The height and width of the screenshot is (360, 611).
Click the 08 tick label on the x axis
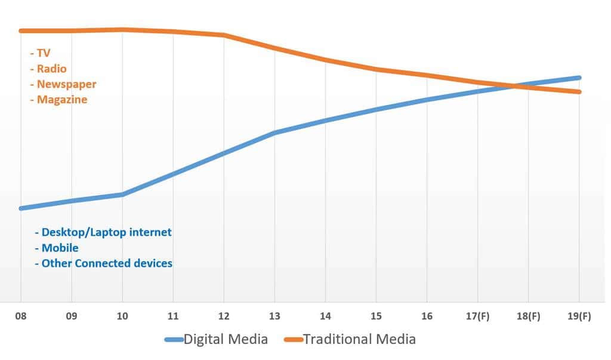tap(21, 317)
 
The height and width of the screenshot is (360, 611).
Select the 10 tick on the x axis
tap(122, 317)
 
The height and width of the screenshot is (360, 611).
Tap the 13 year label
tap(274, 317)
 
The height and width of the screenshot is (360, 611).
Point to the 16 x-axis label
tap(427, 317)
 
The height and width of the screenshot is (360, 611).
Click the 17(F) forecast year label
tap(477, 317)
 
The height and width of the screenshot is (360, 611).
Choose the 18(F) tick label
tap(528, 317)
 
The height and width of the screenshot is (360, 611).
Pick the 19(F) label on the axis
tap(579, 317)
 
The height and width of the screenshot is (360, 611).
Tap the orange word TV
tap(44, 53)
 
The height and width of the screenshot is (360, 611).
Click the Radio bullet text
tap(51, 69)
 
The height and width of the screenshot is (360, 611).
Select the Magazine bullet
tap(61, 100)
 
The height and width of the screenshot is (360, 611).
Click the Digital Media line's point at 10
tap(122, 195)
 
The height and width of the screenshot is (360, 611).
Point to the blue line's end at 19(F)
tap(579, 78)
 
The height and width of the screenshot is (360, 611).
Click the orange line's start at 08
tap(21, 30)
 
